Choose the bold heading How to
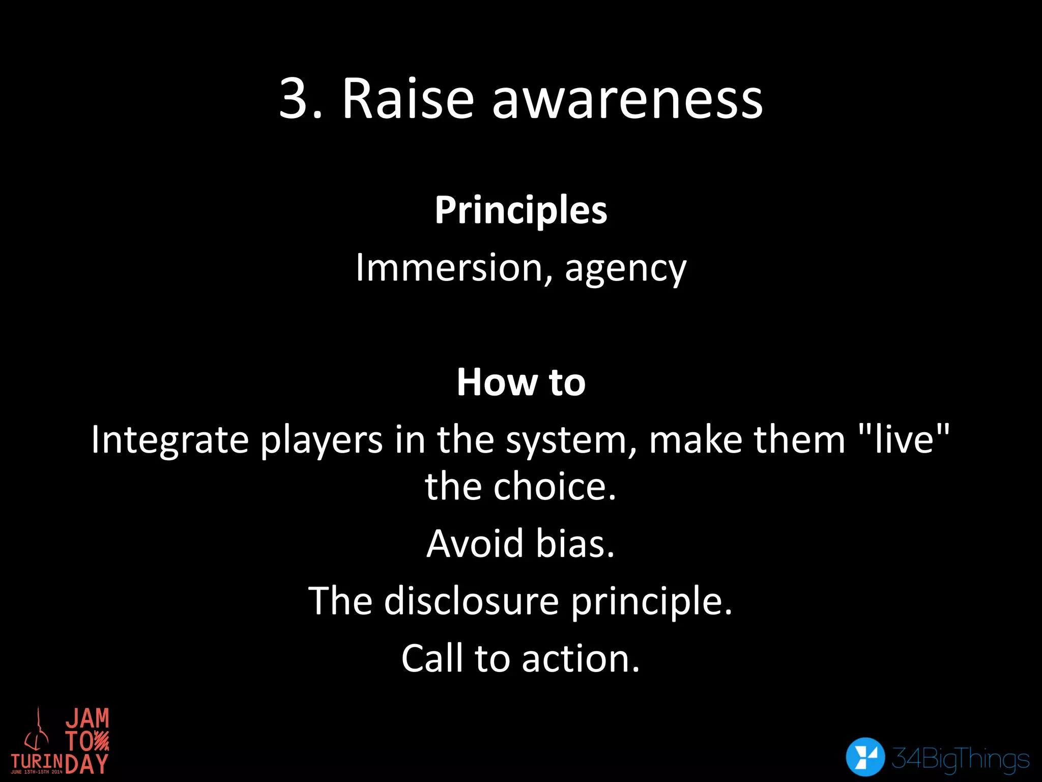pyautogui.click(x=521, y=382)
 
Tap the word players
pyautogui.click(x=322, y=440)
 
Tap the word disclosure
pyautogui.click(x=472, y=601)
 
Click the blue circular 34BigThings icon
pyautogui.click(x=865, y=757)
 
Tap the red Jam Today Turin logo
pyautogui.click(x=60, y=741)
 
